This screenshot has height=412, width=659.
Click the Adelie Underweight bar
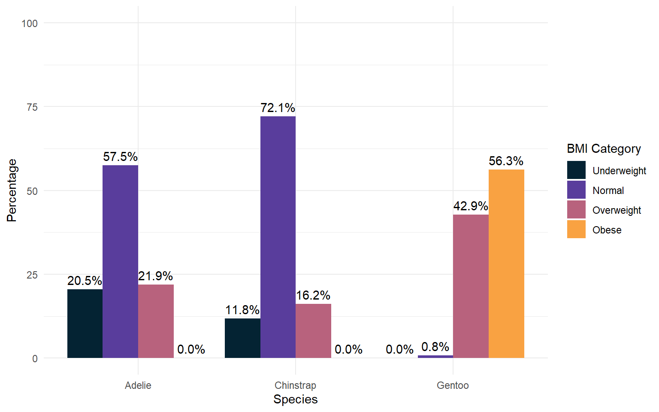85,324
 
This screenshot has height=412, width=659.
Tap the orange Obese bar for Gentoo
506,264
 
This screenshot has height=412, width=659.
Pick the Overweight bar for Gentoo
471,286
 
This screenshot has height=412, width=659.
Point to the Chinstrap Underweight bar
242,338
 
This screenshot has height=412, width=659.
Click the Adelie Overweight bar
156,321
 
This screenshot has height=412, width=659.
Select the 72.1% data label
278,108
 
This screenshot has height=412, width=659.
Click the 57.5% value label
120,157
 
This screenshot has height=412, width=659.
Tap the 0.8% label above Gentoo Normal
435,347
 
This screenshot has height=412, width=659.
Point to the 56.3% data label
506,161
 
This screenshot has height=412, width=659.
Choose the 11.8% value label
242,310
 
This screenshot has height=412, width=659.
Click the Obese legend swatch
576,229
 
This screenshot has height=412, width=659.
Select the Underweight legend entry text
619,171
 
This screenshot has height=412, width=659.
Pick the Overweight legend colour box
576,209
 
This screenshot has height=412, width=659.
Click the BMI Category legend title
604,148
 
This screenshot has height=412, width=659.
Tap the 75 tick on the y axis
32,107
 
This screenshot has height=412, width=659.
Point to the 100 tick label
30,24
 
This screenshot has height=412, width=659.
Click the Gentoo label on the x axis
453,385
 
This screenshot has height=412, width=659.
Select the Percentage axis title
12,190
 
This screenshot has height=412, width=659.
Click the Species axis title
295,399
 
